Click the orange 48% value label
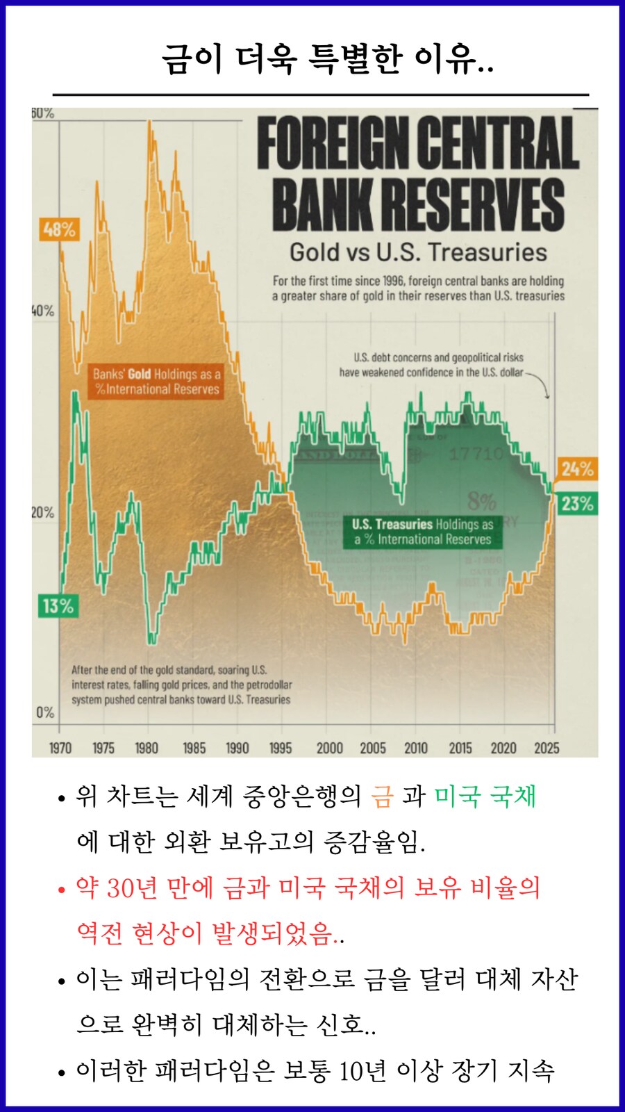59,229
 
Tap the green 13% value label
58,606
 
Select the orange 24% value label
577,469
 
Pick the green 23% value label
577,504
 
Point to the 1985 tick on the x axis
194,749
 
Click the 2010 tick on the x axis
416,749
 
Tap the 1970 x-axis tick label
60,749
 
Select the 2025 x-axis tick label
547,749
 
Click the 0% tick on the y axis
45,712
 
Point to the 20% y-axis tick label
42,513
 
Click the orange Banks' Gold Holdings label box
156,382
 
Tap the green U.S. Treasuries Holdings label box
422,532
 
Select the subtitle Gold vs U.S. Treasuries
418,252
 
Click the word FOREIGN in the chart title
332,144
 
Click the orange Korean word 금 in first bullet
382,796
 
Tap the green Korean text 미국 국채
485,796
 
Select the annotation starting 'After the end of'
181,685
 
